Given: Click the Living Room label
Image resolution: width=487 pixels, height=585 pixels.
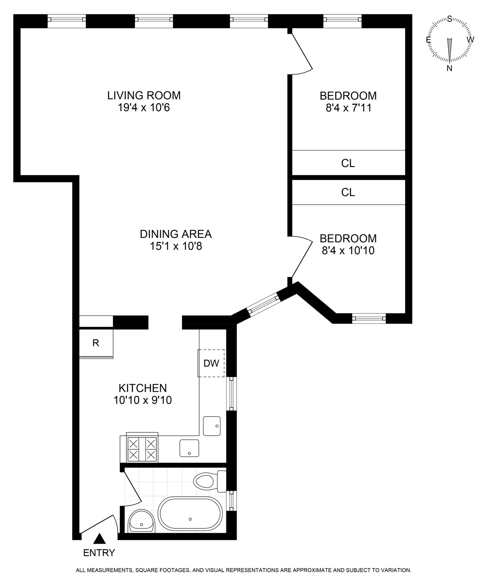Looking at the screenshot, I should click(144, 95).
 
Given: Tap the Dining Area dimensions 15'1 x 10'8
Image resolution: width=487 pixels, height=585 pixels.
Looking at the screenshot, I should click(176, 246).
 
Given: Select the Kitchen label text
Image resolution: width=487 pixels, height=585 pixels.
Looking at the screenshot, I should click(142, 388).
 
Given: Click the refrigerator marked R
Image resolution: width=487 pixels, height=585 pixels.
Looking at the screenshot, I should click(96, 343).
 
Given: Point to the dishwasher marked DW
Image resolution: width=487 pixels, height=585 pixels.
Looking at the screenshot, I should click(211, 363).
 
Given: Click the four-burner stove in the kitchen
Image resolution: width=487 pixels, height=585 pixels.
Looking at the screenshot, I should click(143, 449).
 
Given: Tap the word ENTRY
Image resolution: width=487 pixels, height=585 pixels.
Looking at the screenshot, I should click(99, 553).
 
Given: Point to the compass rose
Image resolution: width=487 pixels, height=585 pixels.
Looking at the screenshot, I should click(450, 40).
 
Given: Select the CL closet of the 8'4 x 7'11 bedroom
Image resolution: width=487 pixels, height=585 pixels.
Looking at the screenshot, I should click(348, 163).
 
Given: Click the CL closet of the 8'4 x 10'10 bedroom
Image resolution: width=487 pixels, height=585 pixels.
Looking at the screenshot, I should click(348, 193).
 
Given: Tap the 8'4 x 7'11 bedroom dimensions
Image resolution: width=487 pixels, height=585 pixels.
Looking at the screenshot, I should click(348, 108).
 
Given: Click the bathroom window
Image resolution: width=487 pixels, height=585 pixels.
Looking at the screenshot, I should click(232, 501).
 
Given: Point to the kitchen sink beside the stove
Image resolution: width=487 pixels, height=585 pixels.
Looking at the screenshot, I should click(189, 448).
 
